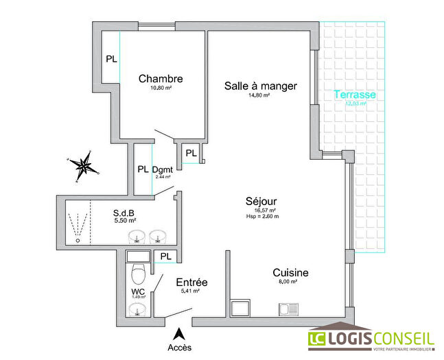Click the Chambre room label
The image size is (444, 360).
(160, 78)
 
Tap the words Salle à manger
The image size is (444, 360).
(260, 86)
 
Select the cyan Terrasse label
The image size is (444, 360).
(354, 95)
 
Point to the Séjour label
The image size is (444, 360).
(260, 201)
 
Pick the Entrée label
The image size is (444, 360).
(191, 283)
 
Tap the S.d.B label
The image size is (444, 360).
(124, 213)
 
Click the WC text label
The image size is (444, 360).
(139, 291)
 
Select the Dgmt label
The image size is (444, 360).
(162, 169)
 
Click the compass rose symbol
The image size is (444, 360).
(84, 165)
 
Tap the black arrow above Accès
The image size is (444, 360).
(178, 334)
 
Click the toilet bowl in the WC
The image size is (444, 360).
(139, 274)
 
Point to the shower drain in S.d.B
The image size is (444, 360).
(78, 240)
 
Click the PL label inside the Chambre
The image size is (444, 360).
(110, 59)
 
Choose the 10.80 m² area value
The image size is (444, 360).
(160, 88)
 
